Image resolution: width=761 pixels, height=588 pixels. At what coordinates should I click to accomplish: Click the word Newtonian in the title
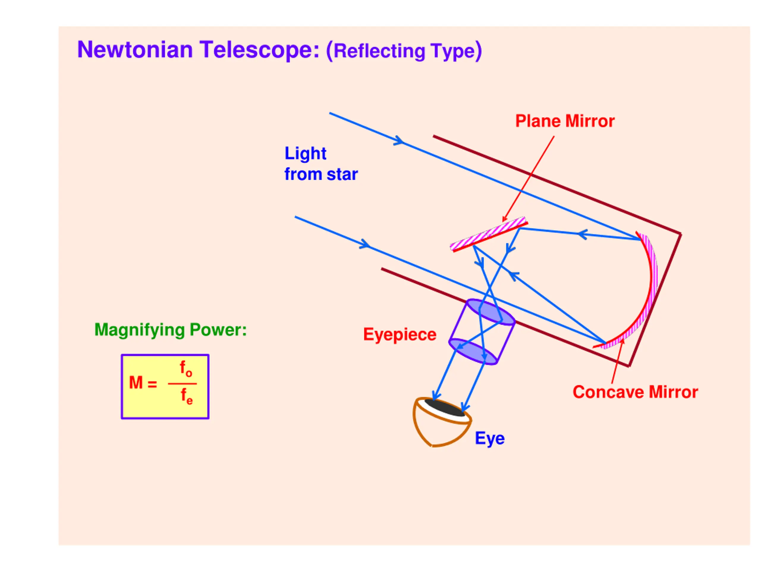135,50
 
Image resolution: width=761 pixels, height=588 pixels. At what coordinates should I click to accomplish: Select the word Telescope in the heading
259,50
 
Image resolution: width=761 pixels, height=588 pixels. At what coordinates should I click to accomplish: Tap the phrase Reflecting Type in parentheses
404,51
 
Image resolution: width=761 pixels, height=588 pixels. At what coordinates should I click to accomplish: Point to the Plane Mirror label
565,121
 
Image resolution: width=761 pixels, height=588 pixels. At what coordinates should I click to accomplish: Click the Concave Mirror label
635,392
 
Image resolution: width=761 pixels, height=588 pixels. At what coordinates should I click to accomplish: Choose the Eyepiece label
400,335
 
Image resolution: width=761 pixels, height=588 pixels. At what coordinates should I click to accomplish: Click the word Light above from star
306,154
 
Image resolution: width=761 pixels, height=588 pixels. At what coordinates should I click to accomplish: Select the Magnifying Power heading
170,330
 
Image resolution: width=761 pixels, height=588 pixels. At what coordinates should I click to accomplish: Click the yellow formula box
165,386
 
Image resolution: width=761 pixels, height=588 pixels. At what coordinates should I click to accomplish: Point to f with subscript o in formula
186,369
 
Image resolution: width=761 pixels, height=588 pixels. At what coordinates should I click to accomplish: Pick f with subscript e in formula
186,397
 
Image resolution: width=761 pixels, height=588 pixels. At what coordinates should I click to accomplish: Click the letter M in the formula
136,383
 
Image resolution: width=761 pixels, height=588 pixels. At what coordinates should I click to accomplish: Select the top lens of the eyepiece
490,312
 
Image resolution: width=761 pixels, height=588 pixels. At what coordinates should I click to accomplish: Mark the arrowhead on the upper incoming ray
399,141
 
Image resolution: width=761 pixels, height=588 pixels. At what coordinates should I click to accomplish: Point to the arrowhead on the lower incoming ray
365,244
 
